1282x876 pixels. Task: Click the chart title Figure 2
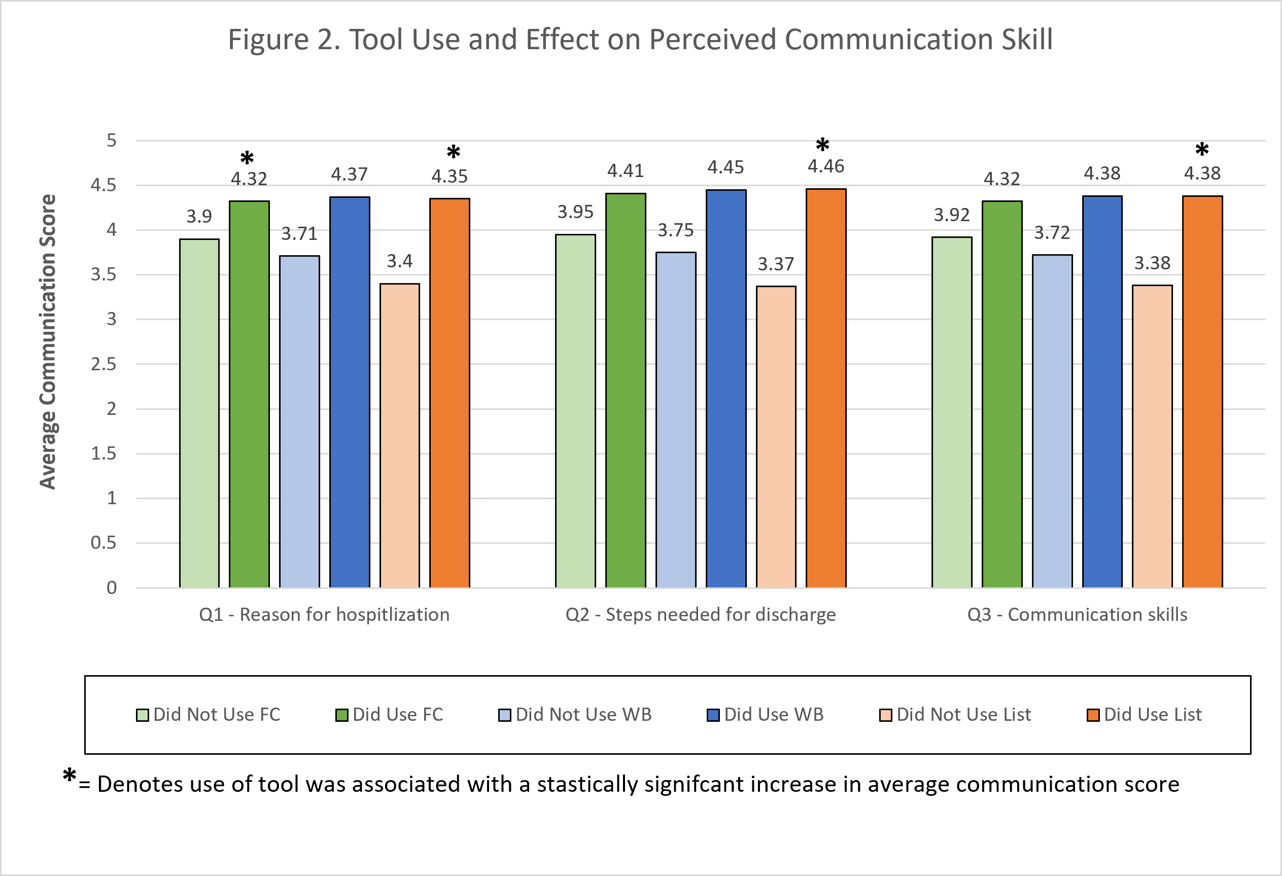pyautogui.click(x=640, y=40)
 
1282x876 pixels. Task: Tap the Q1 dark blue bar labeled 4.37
pyautogui.click(x=350, y=392)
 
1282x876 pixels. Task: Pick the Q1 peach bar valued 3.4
pyautogui.click(x=400, y=435)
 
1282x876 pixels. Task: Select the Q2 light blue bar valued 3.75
pyautogui.click(x=676, y=419)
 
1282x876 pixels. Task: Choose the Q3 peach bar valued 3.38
pyautogui.click(x=1152, y=436)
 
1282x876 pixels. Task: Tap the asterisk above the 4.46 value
pyautogui.click(x=822, y=146)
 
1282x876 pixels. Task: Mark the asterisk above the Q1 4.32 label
pyautogui.click(x=247, y=159)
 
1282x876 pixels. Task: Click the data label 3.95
pyautogui.click(x=575, y=212)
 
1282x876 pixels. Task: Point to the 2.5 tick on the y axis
pyautogui.click(x=103, y=364)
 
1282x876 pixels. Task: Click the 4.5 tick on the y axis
pyautogui.click(x=103, y=185)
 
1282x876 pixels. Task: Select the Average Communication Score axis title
pyautogui.click(x=48, y=341)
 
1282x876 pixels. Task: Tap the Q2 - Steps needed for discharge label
pyautogui.click(x=701, y=615)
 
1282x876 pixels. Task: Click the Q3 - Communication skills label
pyautogui.click(x=1077, y=615)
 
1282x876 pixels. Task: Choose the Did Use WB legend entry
pyautogui.click(x=766, y=715)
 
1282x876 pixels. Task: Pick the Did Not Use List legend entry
pyautogui.click(x=955, y=715)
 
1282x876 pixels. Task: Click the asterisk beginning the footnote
pyautogui.click(x=70, y=776)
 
